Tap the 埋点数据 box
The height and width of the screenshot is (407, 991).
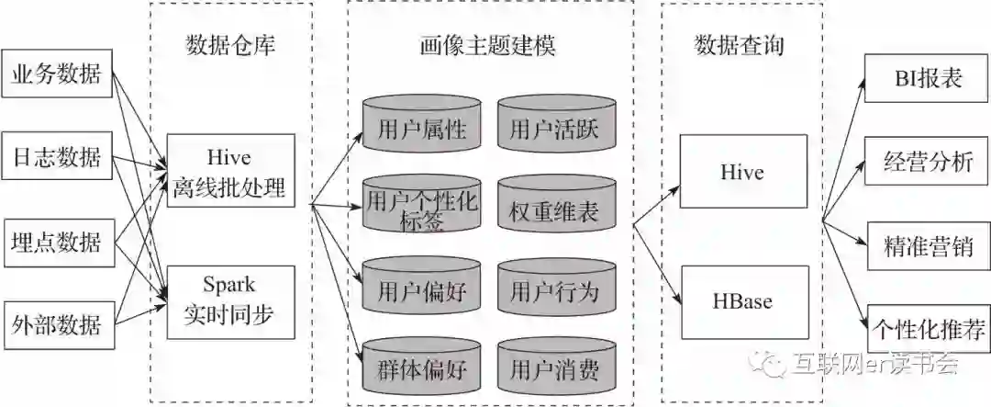pos(56,242)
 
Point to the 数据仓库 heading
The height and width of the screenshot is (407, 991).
pos(230,44)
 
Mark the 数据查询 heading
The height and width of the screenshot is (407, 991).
pos(740,44)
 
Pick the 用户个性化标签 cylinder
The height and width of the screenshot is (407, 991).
pos(421,209)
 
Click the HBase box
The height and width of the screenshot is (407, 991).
pos(743,300)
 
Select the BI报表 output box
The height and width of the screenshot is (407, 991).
pos(928,78)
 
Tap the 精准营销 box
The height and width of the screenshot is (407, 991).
pos(928,244)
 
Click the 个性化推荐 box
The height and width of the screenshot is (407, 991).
pos(928,326)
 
